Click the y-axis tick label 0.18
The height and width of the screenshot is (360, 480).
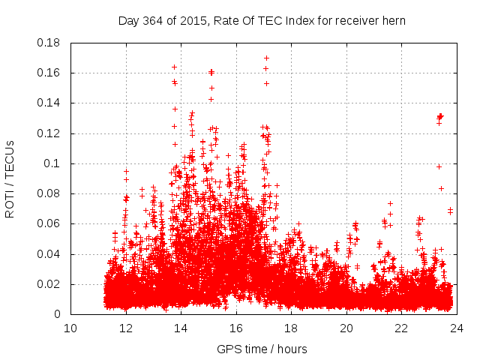(50, 43)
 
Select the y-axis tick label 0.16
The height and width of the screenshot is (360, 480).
(50, 73)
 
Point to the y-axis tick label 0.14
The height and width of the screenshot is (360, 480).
(50, 103)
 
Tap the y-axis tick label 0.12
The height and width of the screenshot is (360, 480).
(50, 133)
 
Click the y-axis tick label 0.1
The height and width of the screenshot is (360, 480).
(54, 163)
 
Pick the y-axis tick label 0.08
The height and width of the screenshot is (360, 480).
(50, 193)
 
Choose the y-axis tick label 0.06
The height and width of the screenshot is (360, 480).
(50, 223)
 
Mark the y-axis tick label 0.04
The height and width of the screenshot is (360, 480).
(50, 254)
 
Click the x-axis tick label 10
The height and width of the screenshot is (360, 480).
(70, 328)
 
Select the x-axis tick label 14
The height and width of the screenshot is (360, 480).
(181, 328)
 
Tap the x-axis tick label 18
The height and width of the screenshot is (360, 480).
(291, 328)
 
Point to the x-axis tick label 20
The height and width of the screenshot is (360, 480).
(346, 328)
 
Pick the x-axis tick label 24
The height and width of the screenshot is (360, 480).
(457, 328)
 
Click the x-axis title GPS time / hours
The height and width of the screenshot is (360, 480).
(262, 349)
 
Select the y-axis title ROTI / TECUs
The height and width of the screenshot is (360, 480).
(10, 178)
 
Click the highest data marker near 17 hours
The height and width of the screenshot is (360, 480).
(266, 58)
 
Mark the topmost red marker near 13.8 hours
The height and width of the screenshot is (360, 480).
(175, 67)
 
